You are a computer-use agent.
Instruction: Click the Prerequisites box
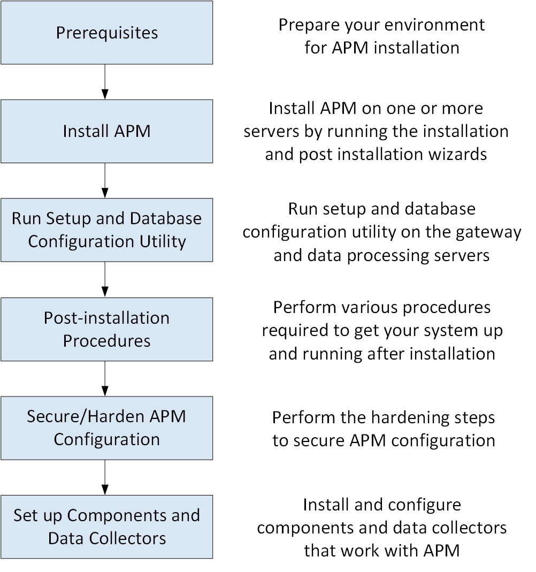[x=106, y=33]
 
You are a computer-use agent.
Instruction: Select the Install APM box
[x=106, y=131]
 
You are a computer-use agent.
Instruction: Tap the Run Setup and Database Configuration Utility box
[x=106, y=230]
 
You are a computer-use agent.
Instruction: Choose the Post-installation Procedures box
[x=106, y=329]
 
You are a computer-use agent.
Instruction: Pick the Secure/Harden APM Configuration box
[x=106, y=428]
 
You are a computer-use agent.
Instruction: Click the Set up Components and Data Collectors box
[x=106, y=527]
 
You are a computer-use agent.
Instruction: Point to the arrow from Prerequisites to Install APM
[x=105, y=81]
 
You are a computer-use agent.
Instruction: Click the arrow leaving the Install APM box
[x=105, y=180]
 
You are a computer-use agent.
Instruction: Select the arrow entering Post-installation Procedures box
[x=105, y=279]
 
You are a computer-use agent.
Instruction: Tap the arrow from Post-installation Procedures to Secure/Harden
[x=105, y=378]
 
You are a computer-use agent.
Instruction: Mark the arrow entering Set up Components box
[x=105, y=477]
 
